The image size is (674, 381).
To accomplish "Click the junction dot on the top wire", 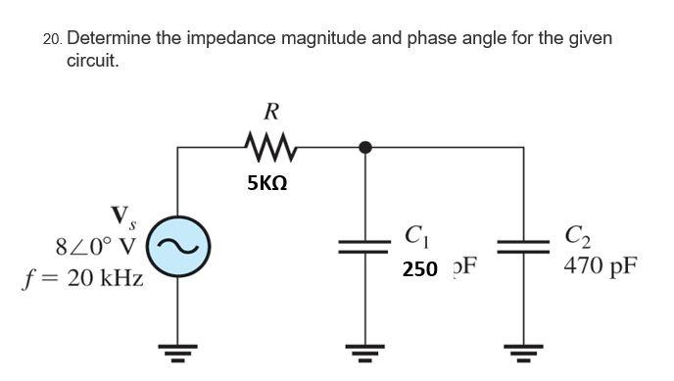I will [365, 148].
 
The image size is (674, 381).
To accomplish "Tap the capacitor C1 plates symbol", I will [365, 248].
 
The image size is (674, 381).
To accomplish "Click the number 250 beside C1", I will [419, 268].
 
